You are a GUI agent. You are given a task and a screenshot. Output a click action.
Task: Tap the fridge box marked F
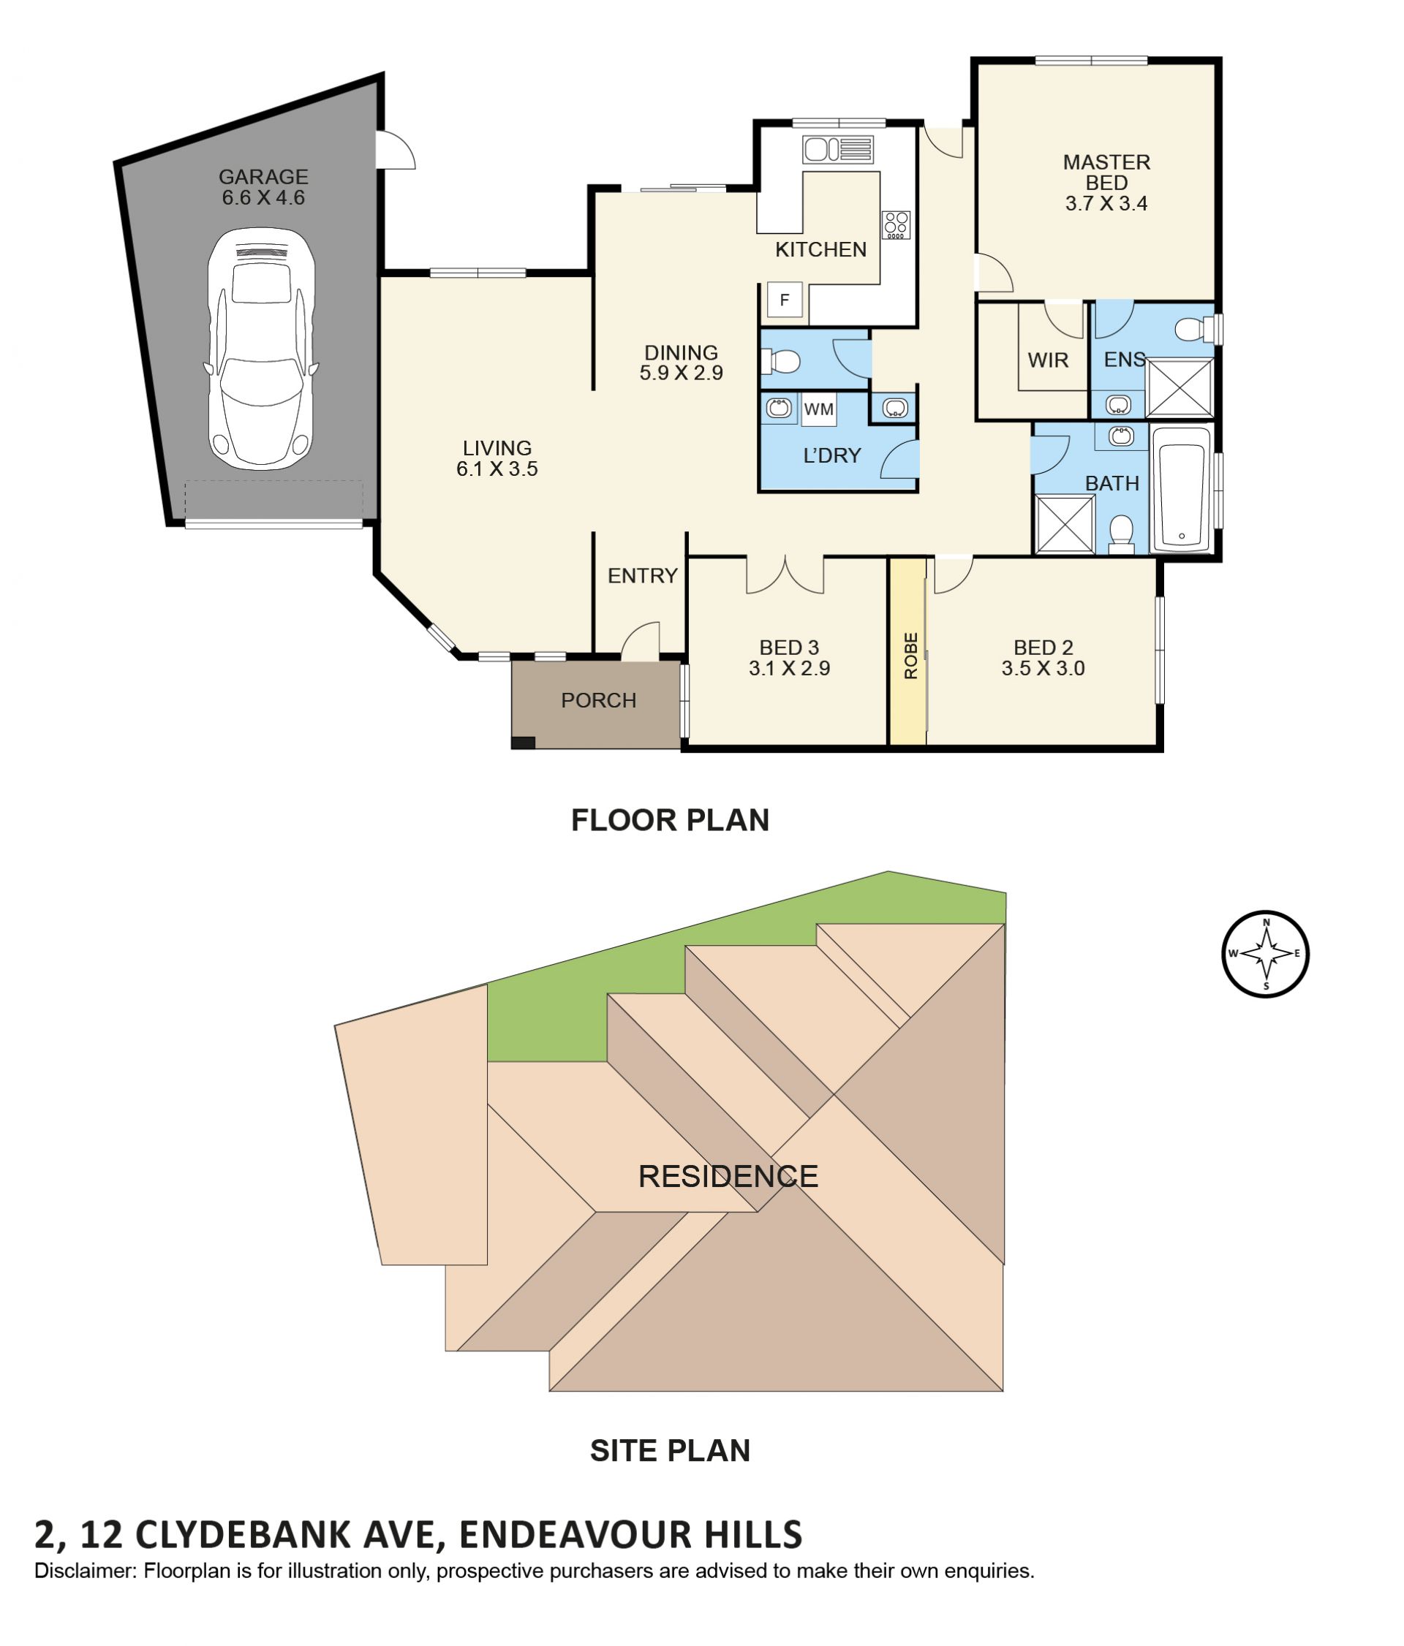[x=783, y=300]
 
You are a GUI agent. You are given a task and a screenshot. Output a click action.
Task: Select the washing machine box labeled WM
[x=818, y=409]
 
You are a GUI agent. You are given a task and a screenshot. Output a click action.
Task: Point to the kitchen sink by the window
[x=837, y=148]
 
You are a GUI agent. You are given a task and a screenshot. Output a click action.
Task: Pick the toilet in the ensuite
[x=1194, y=328]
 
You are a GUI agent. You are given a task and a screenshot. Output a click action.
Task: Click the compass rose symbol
[x=1265, y=952]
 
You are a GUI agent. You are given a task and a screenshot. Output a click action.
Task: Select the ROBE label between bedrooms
[x=910, y=655]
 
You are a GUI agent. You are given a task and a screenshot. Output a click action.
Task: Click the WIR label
[x=1047, y=360]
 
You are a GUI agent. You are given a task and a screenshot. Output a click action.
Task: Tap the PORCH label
[x=598, y=700]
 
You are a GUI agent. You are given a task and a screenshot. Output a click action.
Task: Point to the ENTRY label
[x=642, y=575]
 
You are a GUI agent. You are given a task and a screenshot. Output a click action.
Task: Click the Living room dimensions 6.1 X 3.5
[x=497, y=469]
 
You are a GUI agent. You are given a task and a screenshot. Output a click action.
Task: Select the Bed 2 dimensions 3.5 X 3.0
[x=1043, y=668]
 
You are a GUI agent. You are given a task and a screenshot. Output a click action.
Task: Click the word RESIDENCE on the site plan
[x=728, y=1176]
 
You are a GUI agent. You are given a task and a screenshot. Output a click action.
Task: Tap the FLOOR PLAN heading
[x=670, y=819]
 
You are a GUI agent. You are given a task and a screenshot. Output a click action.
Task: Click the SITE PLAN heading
[x=670, y=1450]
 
